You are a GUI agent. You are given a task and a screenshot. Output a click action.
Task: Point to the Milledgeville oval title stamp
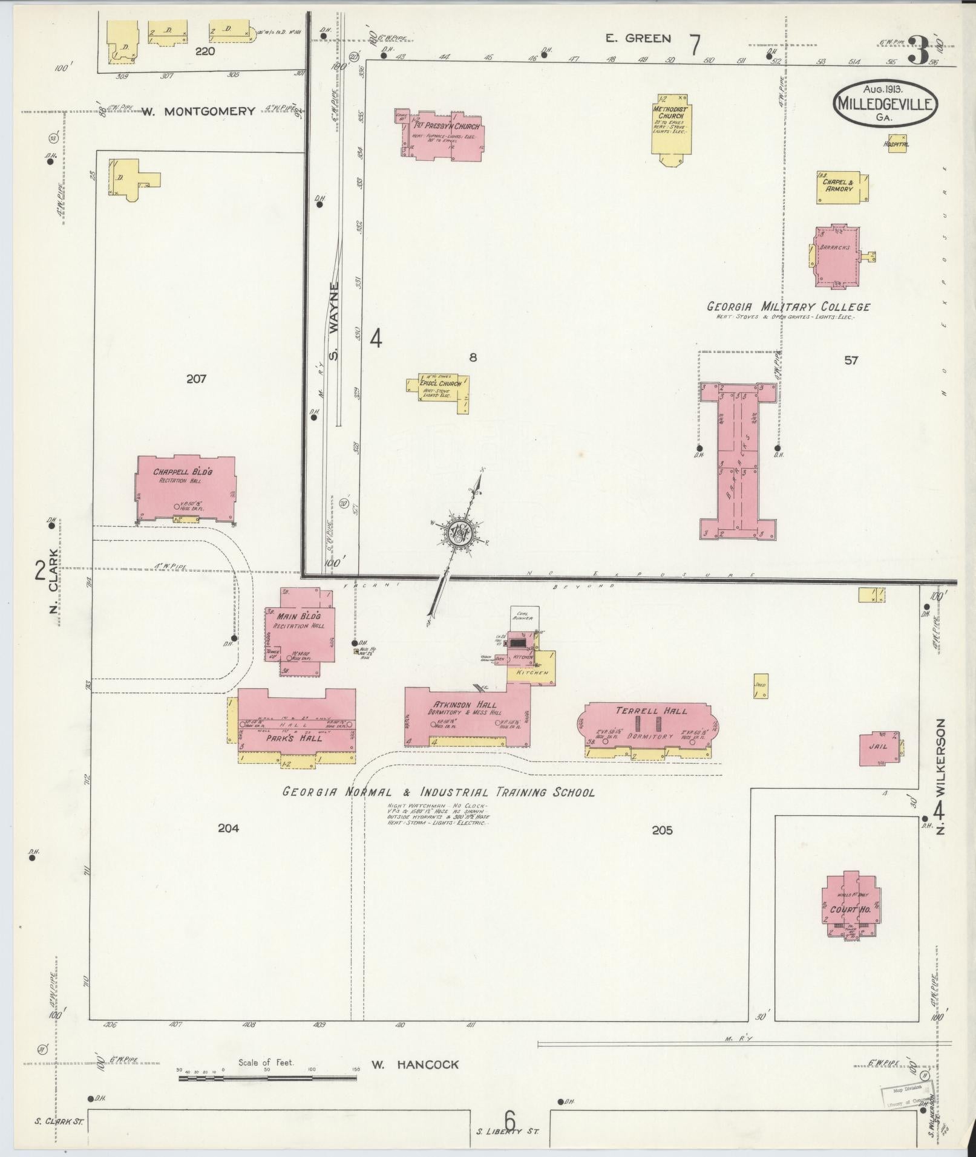[x=886, y=103]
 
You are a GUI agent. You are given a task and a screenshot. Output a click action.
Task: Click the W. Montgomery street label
[x=198, y=111]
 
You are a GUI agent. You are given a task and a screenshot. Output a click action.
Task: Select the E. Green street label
[x=639, y=39]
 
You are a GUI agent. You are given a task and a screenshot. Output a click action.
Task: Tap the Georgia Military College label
[x=788, y=307]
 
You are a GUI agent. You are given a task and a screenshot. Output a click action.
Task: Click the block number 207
[x=197, y=379]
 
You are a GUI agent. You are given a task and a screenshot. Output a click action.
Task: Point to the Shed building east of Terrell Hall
[x=761, y=686]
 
